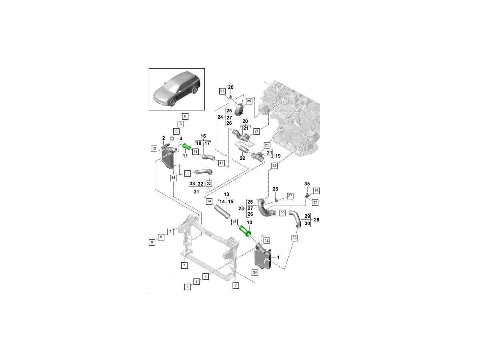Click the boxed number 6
click(x=185, y=116)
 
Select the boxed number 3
click(x=181, y=124)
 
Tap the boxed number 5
click(x=176, y=131)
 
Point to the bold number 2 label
click(x=164, y=138)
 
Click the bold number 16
click(x=203, y=136)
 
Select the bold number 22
click(x=242, y=158)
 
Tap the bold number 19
click(x=278, y=156)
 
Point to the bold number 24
click(x=220, y=117)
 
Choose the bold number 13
click(x=226, y=194)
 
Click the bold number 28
click(x=316, y=220)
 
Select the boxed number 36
click(x=316, y=191)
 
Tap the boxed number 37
click(x=315, y=202)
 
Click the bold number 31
click(x=196, y=192)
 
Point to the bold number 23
click(x=241, y=208)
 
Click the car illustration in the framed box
click(x=177, y=89)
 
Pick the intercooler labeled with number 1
click(x=262, y=258)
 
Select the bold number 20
click(x=245, y=121)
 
